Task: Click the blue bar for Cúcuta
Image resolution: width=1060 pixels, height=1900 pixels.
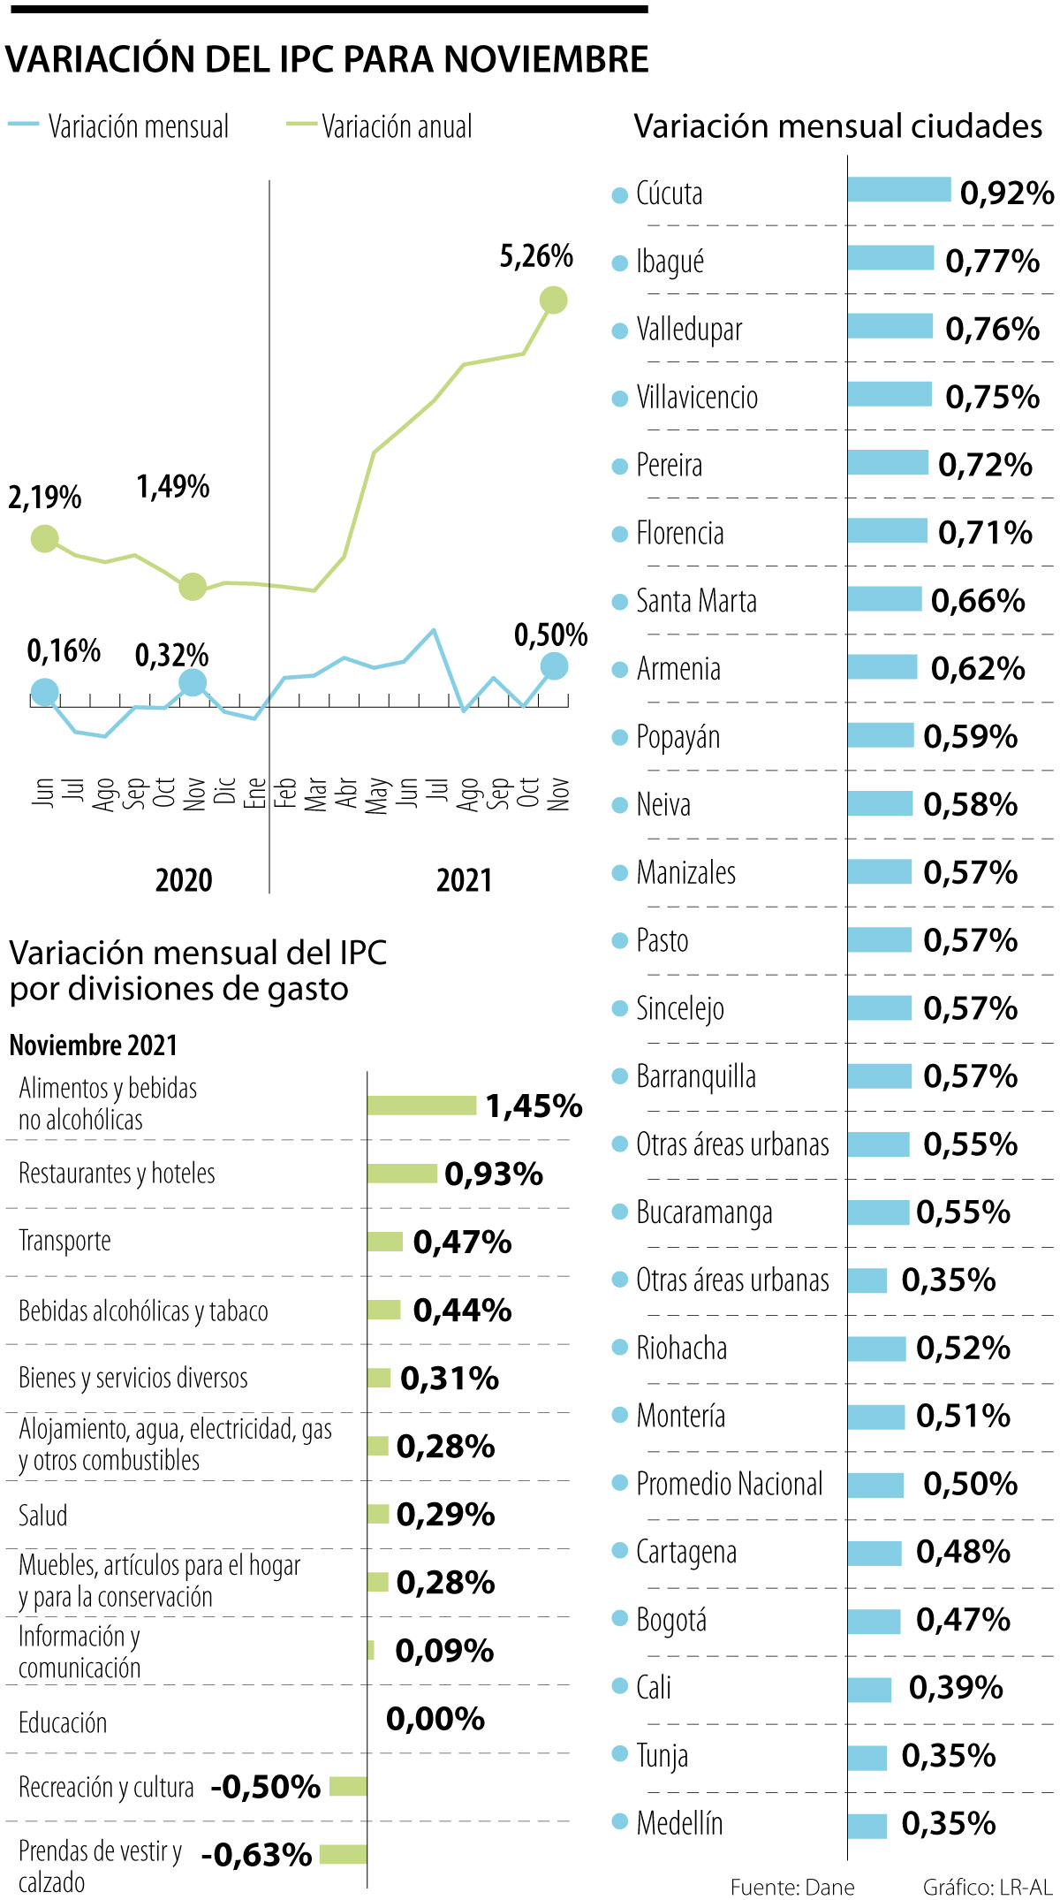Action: pos(898,189)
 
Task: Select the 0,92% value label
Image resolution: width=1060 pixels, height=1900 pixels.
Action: pos(1006,193)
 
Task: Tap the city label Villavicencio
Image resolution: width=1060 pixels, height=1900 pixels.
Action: pos(697,398)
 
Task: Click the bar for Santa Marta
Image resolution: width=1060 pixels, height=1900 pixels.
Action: pos(884,599)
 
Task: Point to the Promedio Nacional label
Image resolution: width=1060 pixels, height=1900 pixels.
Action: pos(729,1484)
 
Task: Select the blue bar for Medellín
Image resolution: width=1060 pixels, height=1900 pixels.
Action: pos(867,1825)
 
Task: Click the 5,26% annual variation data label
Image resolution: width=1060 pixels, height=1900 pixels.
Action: pos(536,256)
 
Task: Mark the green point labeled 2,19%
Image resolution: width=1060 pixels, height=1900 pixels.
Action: pos(44,538)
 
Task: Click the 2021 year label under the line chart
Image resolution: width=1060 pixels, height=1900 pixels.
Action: pos(464,880)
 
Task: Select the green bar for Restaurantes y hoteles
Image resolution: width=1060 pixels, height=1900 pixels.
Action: pos(402,1174)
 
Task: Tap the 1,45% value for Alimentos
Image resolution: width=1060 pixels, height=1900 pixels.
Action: pos(534,1106)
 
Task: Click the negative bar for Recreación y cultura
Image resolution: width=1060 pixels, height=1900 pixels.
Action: pos(348,1787)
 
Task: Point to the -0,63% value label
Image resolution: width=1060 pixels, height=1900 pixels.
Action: pos(256,1855)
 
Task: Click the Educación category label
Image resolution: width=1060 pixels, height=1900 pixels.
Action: pos(63,1722)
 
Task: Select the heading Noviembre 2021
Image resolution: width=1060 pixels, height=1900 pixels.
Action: pos(94,1045)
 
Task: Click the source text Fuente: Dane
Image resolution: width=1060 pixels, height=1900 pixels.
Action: pos(792,1888)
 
